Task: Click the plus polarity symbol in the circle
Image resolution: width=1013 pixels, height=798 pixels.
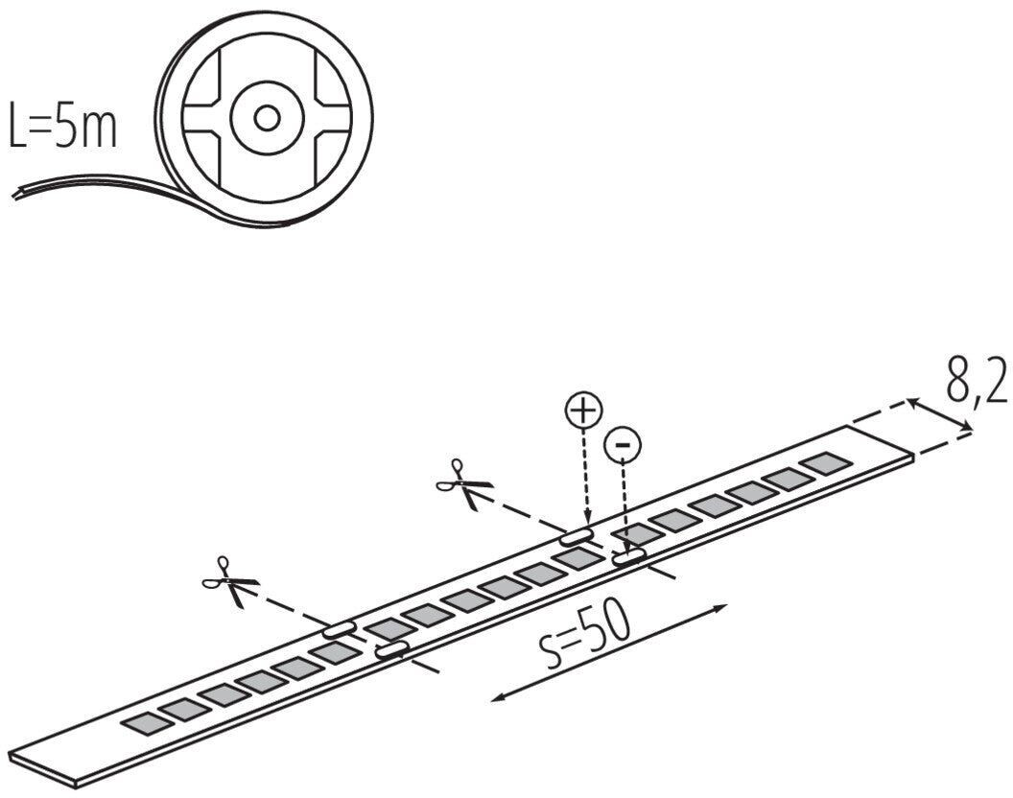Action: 581,411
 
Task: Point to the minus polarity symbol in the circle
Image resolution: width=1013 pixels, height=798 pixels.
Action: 623,443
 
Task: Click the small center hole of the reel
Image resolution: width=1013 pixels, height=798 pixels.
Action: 267,118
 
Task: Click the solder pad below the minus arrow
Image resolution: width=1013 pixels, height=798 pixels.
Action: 629,555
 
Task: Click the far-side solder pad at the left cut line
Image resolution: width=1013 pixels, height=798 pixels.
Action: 339,630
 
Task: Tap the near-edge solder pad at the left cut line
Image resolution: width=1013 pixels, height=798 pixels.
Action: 391,650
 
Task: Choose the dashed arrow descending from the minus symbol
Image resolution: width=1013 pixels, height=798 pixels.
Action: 624,504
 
